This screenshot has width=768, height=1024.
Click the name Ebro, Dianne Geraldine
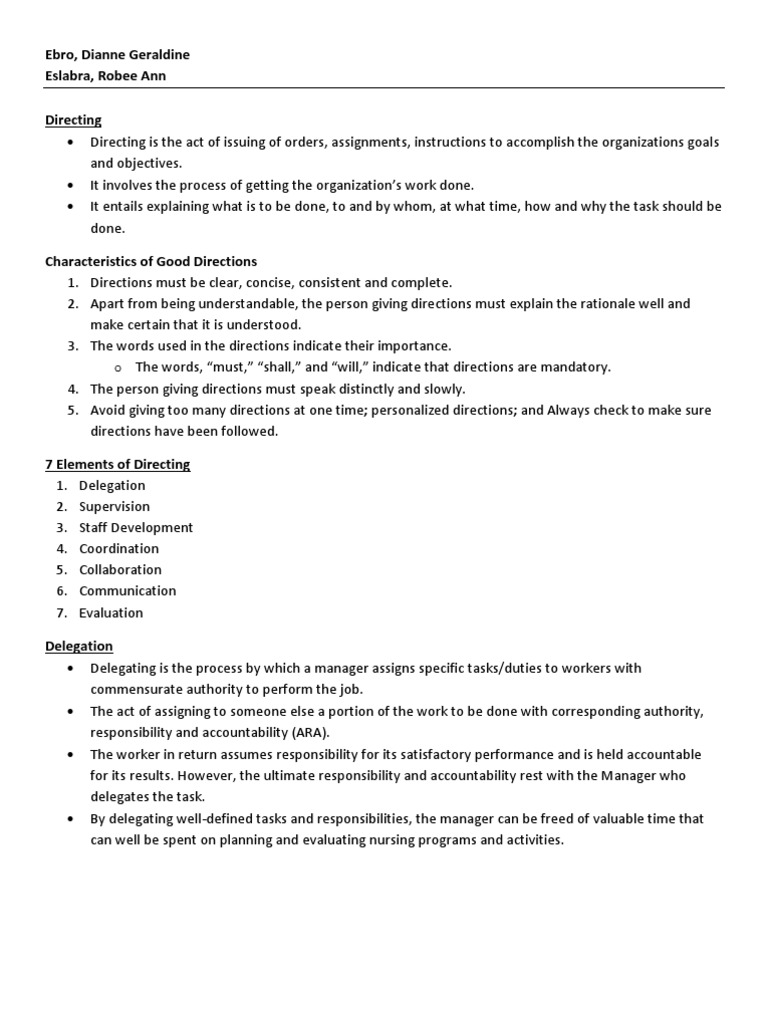(x=117, y=55)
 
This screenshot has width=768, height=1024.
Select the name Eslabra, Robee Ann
(x=105, y=76)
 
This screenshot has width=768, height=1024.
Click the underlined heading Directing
(x=73, y=120)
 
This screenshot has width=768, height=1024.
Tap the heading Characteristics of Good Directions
(x=151, y=261)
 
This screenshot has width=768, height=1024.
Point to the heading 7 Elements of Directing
(x=117, y=464)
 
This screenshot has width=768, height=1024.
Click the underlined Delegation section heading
(x=79, y=646)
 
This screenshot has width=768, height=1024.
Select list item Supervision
(x=114, y=507)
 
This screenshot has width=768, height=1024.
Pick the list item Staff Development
(x=136, y=528)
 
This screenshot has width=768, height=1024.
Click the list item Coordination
(x=119, y=549)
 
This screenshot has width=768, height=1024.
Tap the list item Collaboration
(x=120, y=570)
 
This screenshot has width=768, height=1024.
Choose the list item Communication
(x=127, y=591)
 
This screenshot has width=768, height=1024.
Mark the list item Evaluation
(x=111, y=613)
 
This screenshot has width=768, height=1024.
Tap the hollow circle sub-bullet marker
(x=119, y=368)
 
